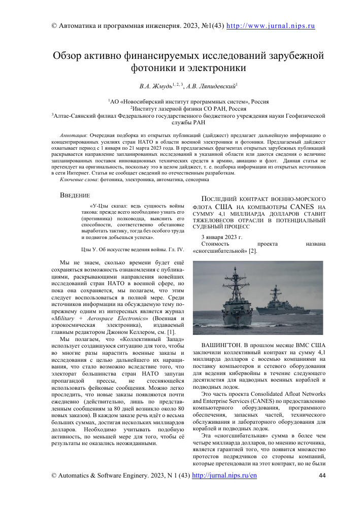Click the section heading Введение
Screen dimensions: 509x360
point(75,195)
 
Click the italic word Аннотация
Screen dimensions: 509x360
point(73,136)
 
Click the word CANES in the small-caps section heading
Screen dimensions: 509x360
point(303,207)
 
